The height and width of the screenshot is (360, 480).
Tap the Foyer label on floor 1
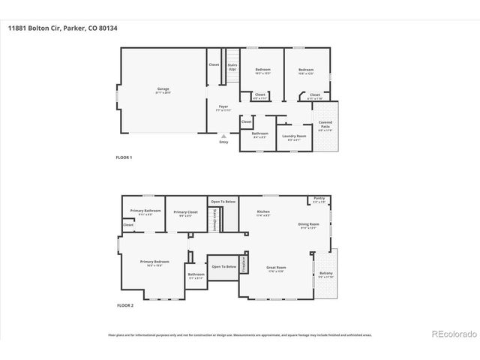pyautogui.click(x=223, y=108)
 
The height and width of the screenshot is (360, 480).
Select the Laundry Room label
pyautogui.click(x=293, y=136)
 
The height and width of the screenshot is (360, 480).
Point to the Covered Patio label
pyautogui.click(x=325, y=124)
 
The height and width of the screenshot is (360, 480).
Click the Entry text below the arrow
pyautogui.click(x=223, y=142)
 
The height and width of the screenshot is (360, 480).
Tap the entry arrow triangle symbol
pyautogui.click(x=223, y=136)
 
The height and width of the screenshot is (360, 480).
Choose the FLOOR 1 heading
pyautogui.click(x=124, y=157)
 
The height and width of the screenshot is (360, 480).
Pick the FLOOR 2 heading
pyautogui.click(x=125, y=306)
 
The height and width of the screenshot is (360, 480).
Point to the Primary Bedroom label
pyautogui.click(x=154, y=262)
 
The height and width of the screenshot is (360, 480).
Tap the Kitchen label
pyautogui.click(x=264, y=213)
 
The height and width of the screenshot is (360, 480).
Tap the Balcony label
pyautogui.click(x=325, y=274)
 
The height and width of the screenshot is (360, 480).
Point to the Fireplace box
pyautogui.click(x=295, y=263)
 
